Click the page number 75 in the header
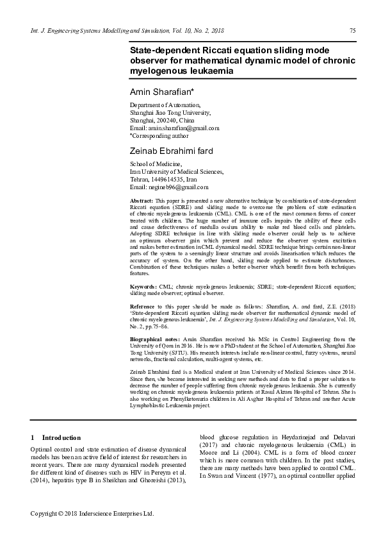[x=352, y=31]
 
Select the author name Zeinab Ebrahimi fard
[x=171, y=152]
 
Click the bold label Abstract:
[x=141, y=201]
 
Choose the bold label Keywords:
[x=143, y=287]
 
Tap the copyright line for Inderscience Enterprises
[x=93, y=514]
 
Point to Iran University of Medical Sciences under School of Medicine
[x=177, y=172]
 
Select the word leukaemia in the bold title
[x=198, y=69]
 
